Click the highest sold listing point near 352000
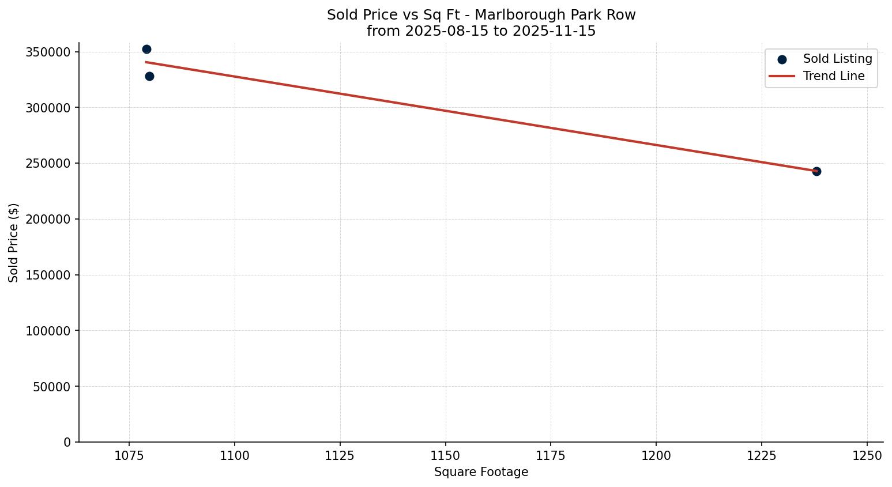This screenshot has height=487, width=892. (x=146, y=50)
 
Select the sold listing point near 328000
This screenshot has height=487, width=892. (x=149, y=76)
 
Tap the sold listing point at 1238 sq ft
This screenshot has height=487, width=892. (x=816, y=171)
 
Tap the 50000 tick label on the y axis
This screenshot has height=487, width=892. (x=51, y=387)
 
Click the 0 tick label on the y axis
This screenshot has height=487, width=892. (x=67, y=442)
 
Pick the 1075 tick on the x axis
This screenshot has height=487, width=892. (x=129, y=455)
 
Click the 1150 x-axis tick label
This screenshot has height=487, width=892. (x=445, y=455)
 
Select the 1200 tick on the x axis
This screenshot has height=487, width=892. (x=656, y=455)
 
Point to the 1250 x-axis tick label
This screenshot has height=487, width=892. (x=867, y=455)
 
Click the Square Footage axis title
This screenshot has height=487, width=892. (x=481, y=472)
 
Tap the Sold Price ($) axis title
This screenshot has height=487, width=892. (x=14, y=243)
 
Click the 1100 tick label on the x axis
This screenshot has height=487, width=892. (x=235, y=455)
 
